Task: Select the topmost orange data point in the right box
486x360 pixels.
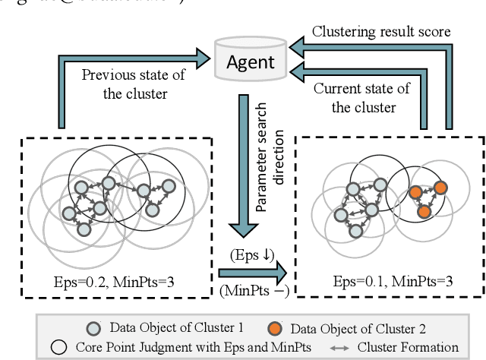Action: [440, 187]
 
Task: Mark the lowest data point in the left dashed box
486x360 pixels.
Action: [84, 228]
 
